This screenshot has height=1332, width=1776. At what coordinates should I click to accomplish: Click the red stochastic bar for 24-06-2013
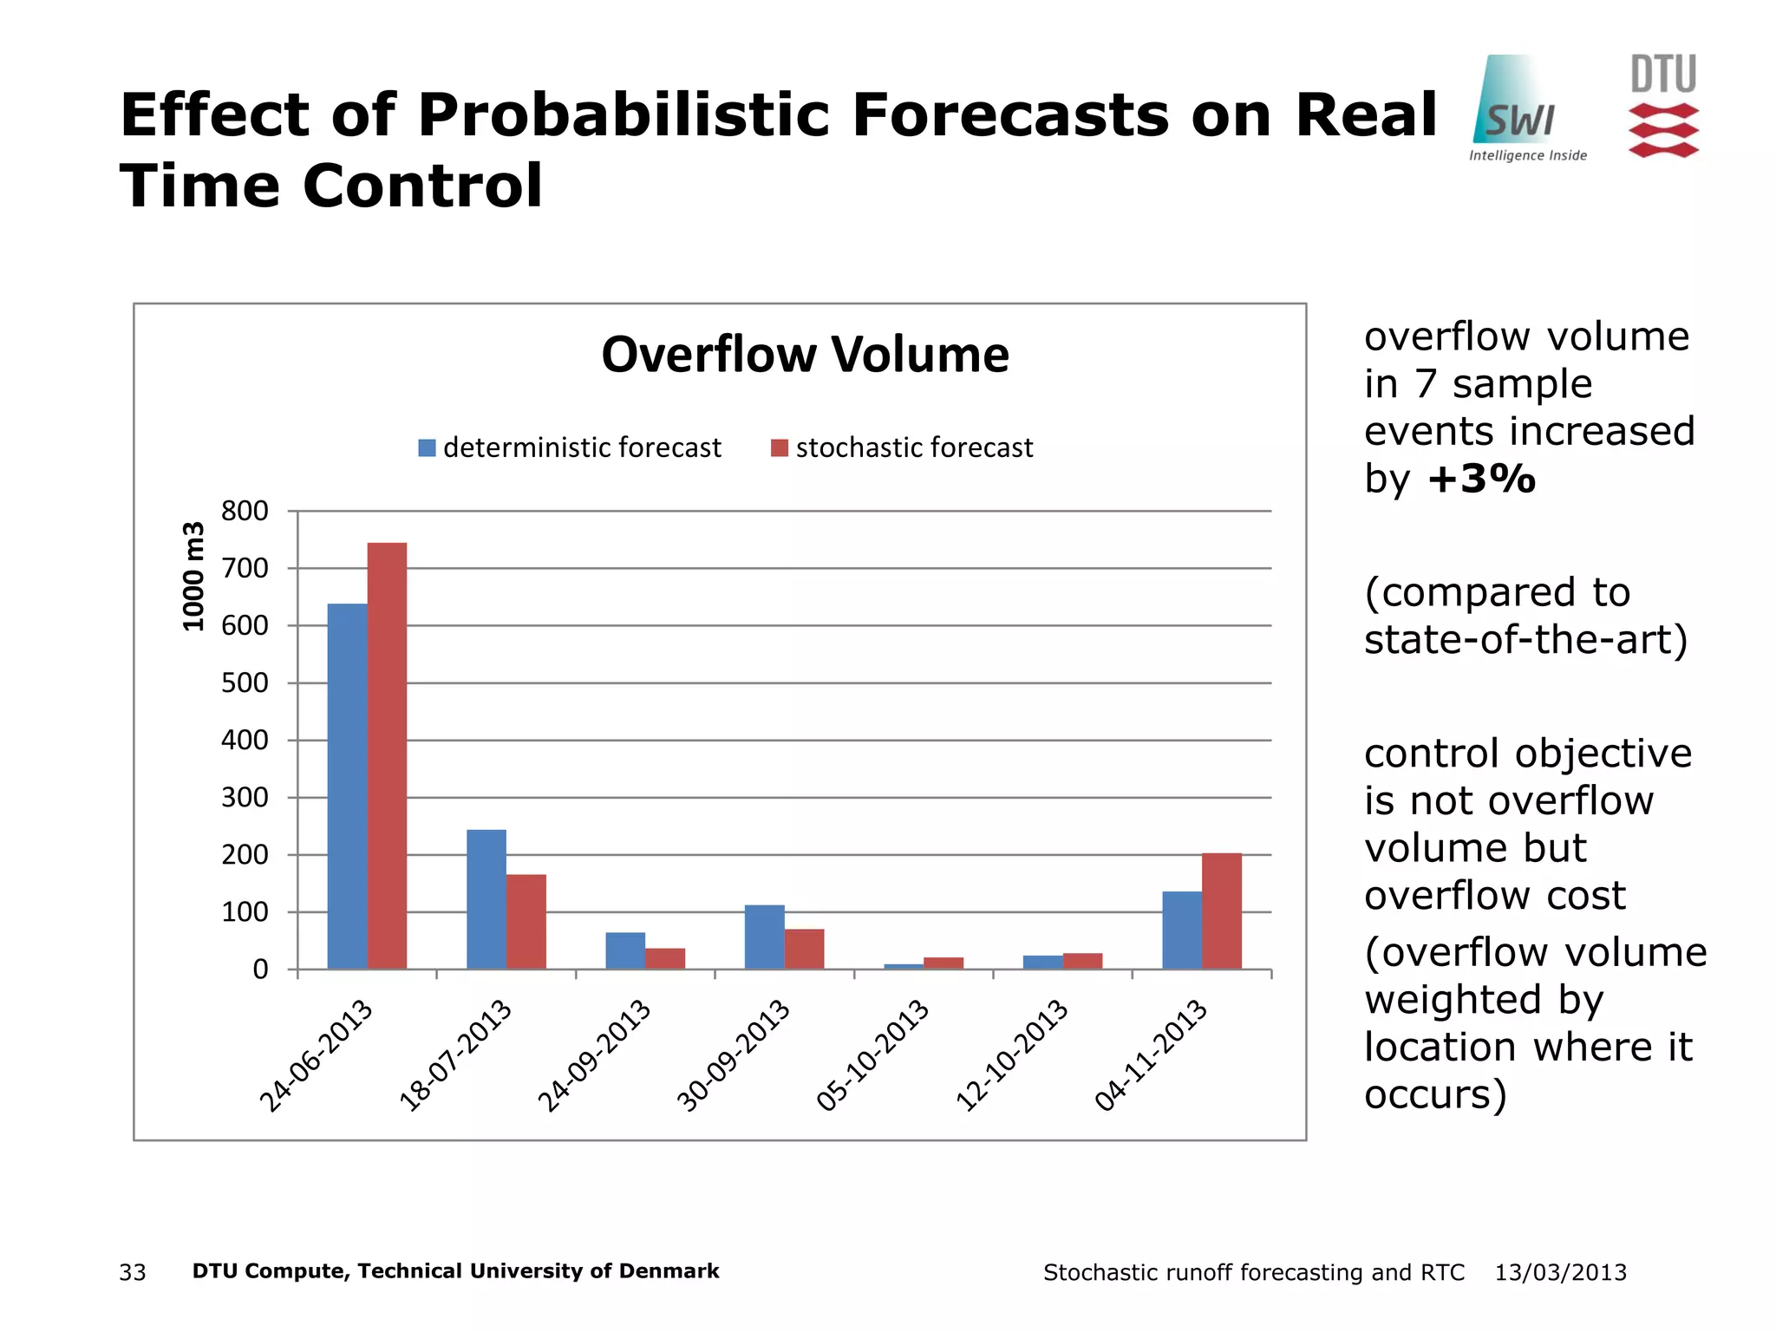[x=387, y=754]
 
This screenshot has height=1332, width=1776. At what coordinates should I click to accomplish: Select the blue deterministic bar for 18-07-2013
[x=486, y=899]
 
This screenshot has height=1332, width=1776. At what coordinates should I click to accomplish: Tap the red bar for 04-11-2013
[x=1221, y=911]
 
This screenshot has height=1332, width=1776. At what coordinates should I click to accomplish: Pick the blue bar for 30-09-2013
[x=764, y=937]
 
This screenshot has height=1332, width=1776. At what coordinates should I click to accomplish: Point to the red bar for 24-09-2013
[x=665, y=958]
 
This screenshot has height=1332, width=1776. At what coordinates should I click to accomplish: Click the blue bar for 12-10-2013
[x=1042, y=963]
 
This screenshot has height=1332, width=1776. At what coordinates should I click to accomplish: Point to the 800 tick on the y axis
[x=245, y=511]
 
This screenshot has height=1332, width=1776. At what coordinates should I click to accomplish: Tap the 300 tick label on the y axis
[x=245, y=797]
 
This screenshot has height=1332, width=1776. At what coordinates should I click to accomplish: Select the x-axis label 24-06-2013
[x=317, y=1054]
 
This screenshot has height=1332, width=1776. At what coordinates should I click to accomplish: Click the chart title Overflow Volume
[x=805, y=355]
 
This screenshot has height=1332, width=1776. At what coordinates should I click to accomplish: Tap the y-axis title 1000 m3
[x=193, y=577]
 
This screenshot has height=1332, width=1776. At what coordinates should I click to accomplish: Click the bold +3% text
[x=1481, y=479]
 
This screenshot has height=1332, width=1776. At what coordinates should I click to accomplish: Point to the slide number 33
[x=133, y=1272]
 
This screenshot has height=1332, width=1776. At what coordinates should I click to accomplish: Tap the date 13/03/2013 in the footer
[x=1560, y=1272]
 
